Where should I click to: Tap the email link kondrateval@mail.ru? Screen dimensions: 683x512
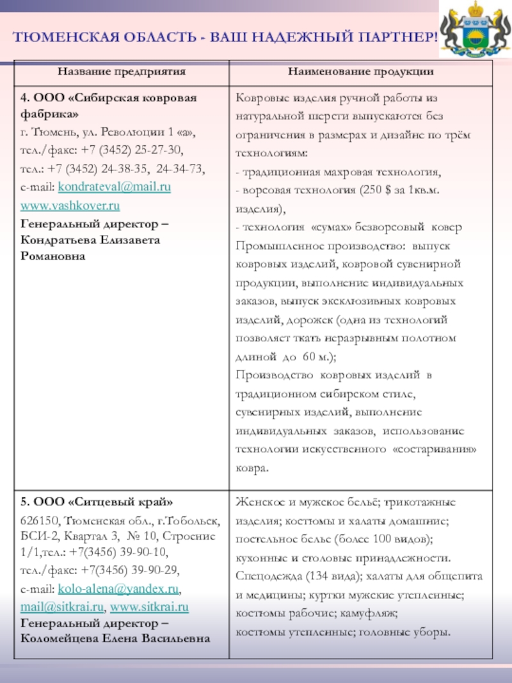(115, 188)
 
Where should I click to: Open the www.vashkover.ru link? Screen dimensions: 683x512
(70, 206)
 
